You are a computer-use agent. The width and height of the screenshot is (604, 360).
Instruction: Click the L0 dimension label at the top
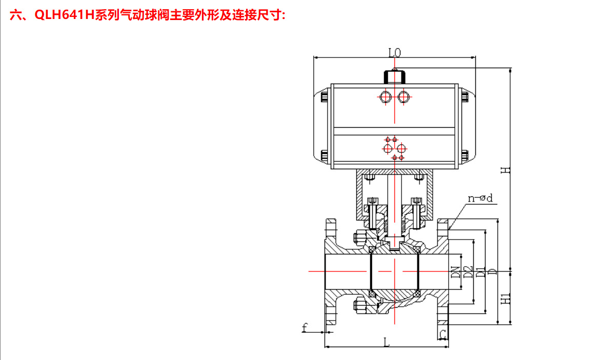pos(394,52)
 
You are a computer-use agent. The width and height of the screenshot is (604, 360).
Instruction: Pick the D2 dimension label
pos(467,272)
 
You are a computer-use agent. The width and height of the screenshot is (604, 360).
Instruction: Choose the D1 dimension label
pos(480,272)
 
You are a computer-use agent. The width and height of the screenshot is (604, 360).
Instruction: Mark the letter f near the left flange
pos(305,327)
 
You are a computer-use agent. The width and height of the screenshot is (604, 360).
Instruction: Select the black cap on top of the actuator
pos(394,76)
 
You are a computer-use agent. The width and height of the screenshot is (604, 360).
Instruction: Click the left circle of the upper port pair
pos(386,96)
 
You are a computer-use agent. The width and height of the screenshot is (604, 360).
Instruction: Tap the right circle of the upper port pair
pos(404,96)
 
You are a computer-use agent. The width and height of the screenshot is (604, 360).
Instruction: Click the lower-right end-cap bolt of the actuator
pos(465,154)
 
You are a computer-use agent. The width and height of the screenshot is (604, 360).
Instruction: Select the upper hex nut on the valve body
pos(359,238)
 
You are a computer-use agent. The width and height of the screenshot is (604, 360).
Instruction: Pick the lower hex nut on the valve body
pos(359,306)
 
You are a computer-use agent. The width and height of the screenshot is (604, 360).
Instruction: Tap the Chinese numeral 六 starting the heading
pos(15,15)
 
